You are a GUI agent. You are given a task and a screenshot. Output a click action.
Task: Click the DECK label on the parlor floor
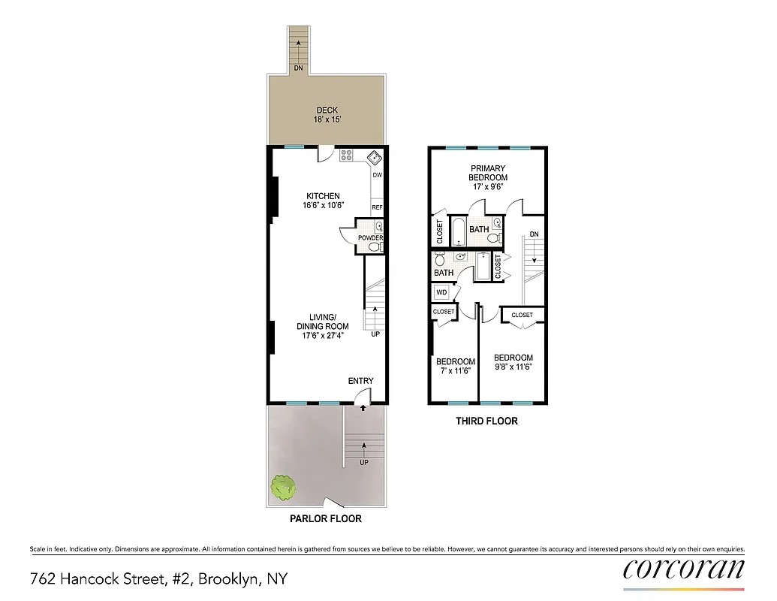327,110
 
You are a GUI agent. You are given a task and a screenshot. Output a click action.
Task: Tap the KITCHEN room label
323,196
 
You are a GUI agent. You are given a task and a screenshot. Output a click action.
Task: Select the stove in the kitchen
347,156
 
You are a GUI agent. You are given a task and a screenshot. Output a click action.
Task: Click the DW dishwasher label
378,175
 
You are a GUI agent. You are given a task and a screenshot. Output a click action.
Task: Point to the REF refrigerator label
378,207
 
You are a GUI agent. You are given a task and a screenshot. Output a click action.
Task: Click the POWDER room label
370,238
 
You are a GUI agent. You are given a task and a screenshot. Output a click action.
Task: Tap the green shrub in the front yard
283,488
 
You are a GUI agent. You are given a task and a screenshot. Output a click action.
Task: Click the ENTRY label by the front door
360,381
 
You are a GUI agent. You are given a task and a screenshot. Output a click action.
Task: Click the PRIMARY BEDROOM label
487,173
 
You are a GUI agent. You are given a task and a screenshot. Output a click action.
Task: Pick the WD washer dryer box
441,291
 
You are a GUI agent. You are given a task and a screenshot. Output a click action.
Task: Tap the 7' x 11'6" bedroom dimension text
456,370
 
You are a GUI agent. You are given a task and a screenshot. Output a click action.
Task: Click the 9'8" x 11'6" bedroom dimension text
513,367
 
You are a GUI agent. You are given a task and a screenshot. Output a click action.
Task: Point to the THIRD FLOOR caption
486,421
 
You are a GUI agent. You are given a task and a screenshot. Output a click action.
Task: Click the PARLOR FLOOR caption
326,518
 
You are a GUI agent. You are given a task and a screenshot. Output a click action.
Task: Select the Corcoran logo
684,569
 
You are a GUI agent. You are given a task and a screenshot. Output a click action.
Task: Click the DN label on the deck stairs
299,68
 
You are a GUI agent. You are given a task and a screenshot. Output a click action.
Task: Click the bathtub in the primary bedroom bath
457,230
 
